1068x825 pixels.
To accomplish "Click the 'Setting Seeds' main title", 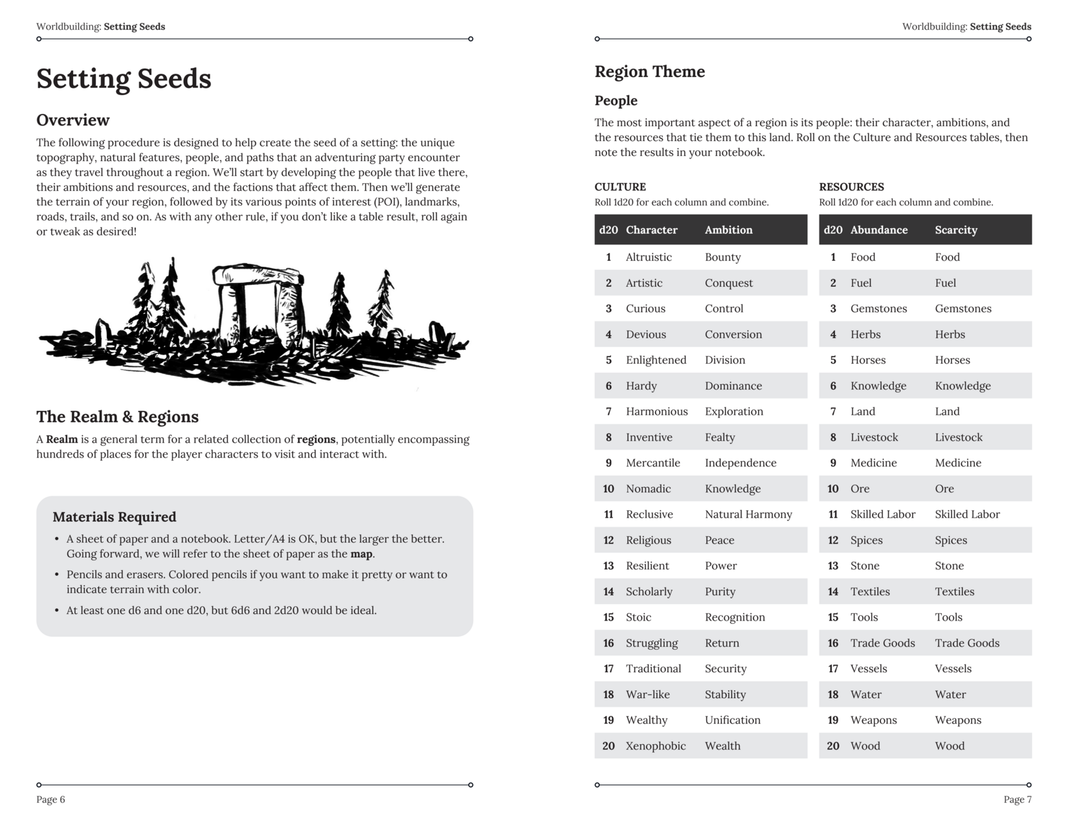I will pos(124,79).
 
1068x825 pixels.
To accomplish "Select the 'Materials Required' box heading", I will pos(114,517).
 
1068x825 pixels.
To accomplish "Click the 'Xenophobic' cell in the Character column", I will pos(655,746).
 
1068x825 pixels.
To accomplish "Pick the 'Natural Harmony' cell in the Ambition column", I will pos(748,514).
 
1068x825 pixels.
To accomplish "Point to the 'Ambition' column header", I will pos(728,230).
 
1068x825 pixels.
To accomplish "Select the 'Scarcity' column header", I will pos(955,230).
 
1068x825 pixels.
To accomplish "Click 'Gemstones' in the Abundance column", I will pos(878,309).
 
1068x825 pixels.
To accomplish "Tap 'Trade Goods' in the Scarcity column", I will pos(966,643).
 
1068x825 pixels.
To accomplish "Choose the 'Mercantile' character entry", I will pos(652,463).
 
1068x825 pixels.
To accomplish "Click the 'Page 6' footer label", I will pos(50,800).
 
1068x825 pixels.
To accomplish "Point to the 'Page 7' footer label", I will pos(1017,800).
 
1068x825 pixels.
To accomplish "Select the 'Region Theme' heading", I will pos(649,72).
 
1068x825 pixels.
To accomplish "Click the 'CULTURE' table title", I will pos(619,187).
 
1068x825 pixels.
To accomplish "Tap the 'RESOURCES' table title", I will pos(851,187).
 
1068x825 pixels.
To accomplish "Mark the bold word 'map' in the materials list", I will pos(362,555).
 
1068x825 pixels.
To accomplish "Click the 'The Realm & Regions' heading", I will pos(117,417).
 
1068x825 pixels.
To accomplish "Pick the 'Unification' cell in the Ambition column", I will pos(732,720).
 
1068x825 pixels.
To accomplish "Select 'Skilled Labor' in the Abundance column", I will pos(882,514).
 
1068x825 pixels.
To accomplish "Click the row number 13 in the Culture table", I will pos(608,566).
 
